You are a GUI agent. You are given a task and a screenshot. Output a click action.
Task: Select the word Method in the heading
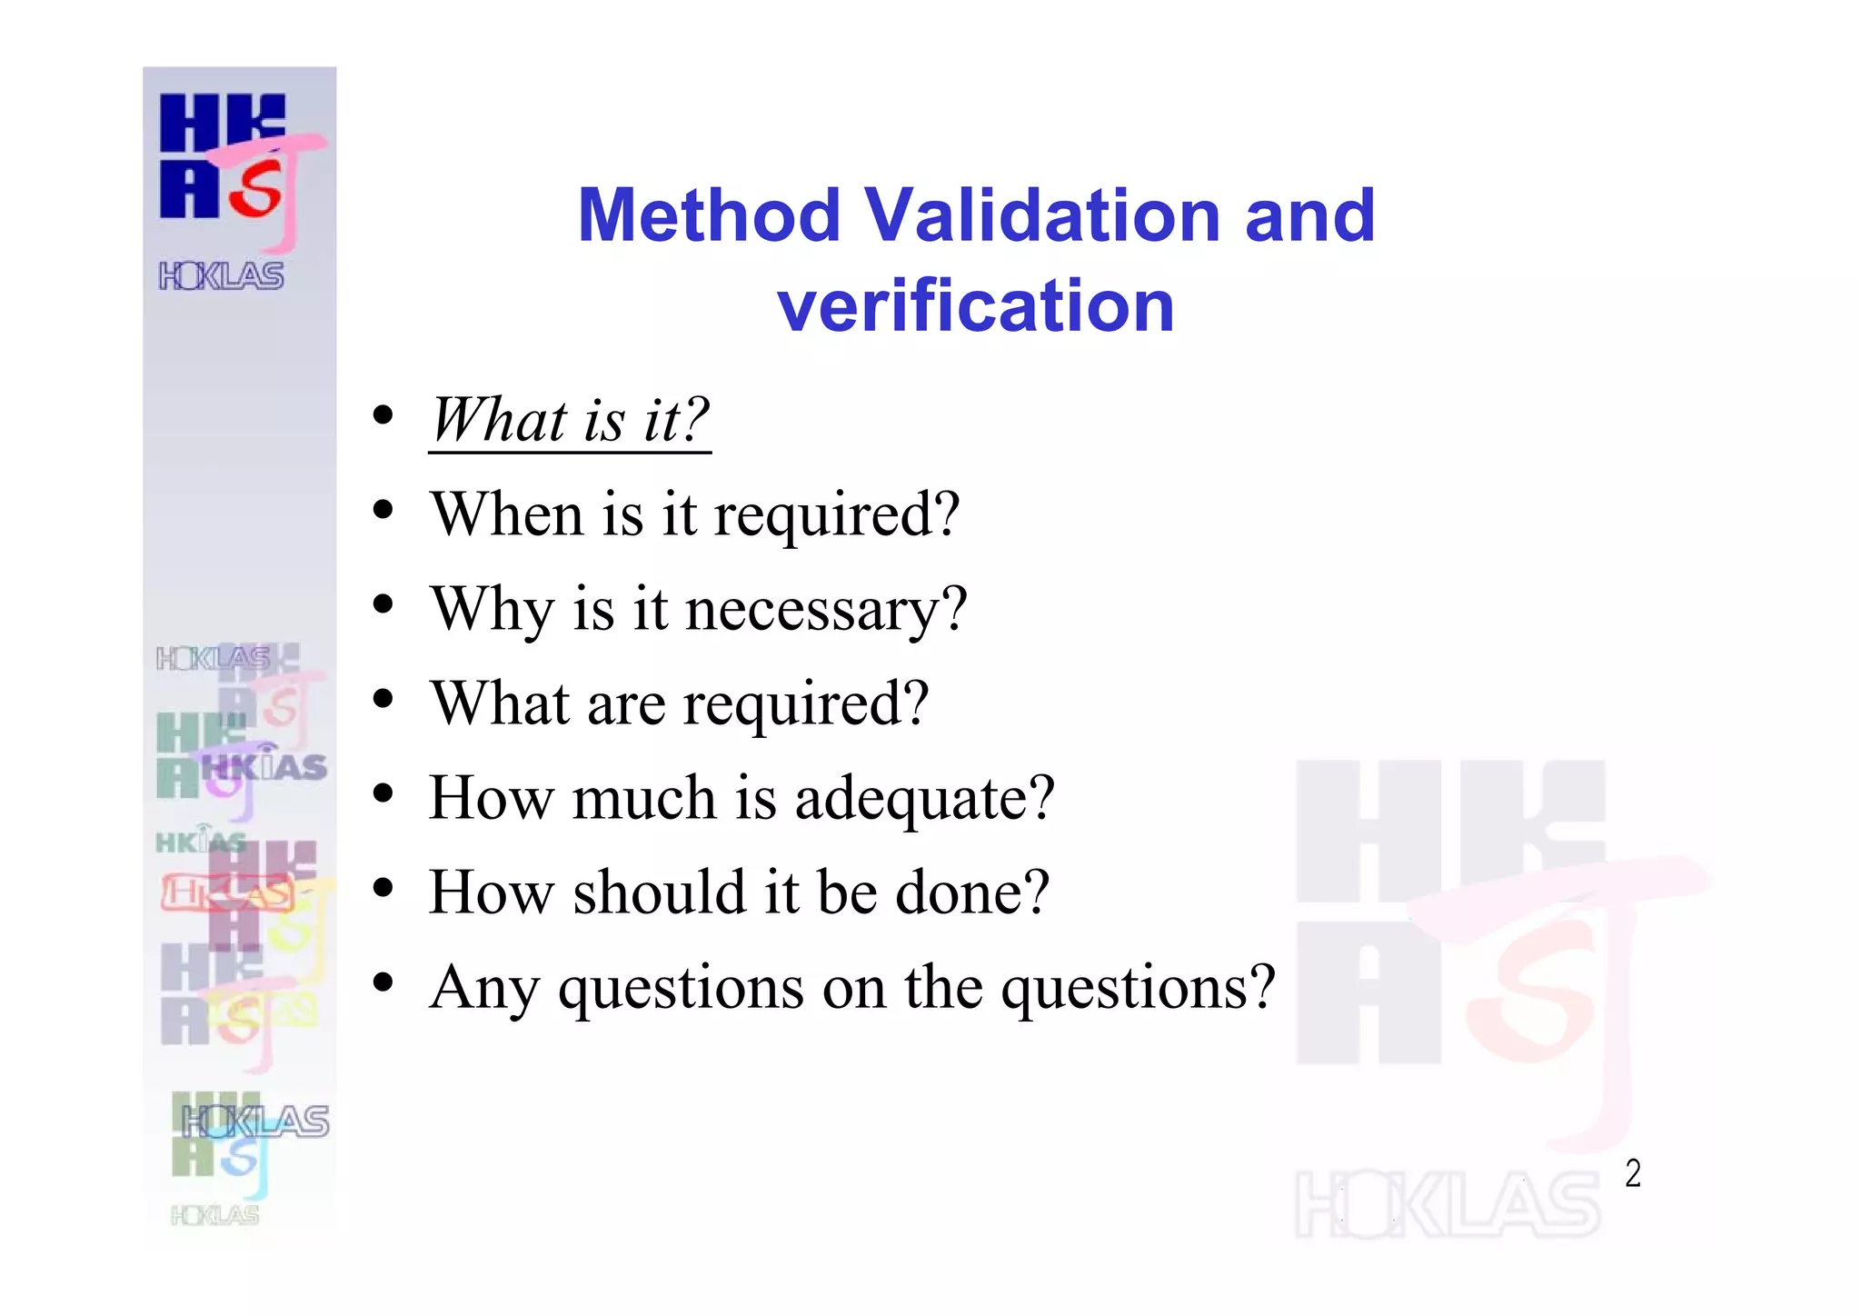(x=709, y=215)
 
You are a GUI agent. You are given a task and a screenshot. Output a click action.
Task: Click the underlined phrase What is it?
(x=570, y=420)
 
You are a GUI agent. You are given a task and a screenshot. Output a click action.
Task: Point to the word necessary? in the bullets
(x=826, y=609)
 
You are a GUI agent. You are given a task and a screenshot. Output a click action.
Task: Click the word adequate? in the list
(x=924, y=798)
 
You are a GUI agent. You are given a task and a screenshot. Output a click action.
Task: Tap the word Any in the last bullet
(x=484, y=987)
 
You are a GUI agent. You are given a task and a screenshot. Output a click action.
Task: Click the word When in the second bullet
(x=507, y=514)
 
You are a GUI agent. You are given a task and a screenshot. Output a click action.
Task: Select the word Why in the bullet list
(x=492, y=609)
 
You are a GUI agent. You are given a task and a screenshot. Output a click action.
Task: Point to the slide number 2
(x=1633, y=1173)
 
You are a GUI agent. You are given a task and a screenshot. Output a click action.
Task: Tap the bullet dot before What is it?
(x=383, y=415)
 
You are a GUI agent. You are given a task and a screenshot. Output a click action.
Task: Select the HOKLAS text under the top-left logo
(x=222, y=275)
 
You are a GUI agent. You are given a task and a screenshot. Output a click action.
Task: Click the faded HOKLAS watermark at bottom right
(x=1447, y=1204)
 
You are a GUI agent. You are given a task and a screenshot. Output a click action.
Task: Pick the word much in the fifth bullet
(x=643, y=798)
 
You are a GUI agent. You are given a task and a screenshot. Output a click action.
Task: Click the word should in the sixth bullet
(x=661, y=892)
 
